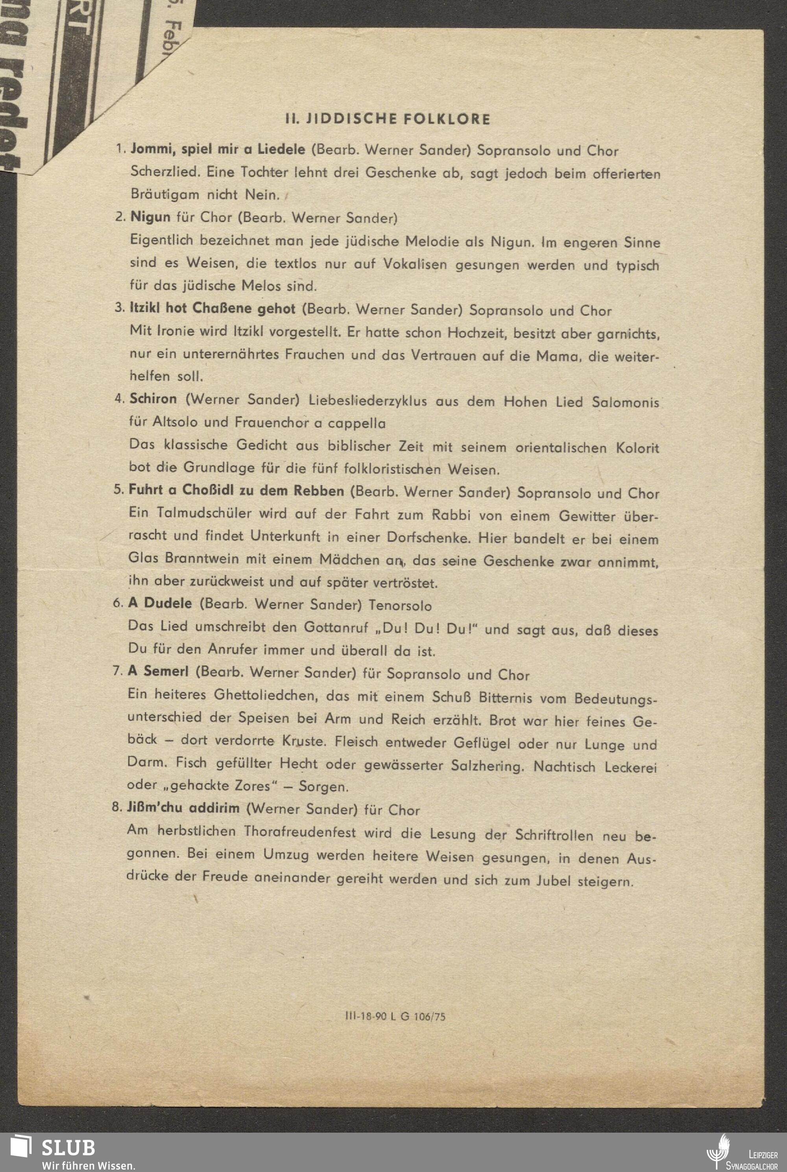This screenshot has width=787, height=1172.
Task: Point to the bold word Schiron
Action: [153, 399]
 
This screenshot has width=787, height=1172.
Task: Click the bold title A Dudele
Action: [160, 603]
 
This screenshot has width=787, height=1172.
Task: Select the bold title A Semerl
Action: [158, 671]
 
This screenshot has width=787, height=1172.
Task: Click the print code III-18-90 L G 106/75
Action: [395, 1016]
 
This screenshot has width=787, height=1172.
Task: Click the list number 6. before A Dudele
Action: [118, 603]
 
